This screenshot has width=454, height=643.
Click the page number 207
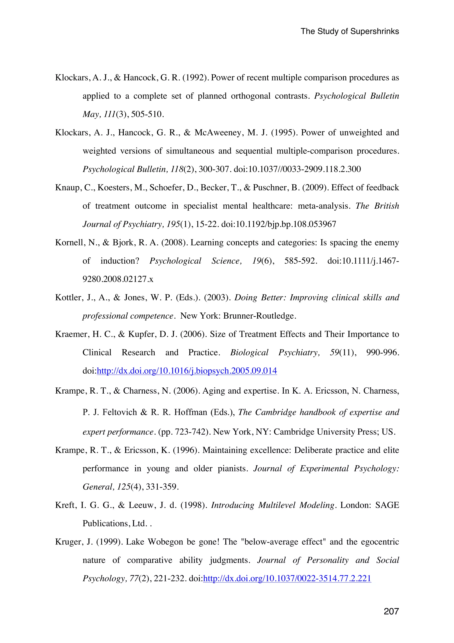point(391,611)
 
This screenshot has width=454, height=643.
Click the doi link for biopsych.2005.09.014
point(187,371)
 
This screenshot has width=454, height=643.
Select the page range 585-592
point(300,261)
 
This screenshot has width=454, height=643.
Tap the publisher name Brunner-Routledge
point(259,316)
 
